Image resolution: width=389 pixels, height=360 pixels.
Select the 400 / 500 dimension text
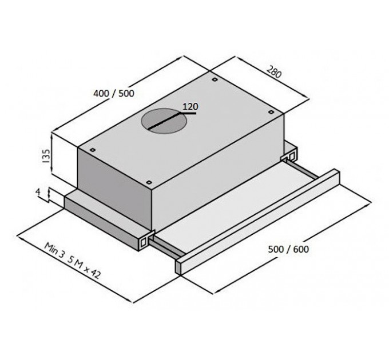coord(114,93)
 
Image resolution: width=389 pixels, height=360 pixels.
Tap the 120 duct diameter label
coord(190,107)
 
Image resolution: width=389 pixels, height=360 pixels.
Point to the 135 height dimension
coord(46,156)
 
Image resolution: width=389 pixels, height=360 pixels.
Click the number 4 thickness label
coord(38,192)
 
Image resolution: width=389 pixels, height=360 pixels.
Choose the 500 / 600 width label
coord(288,249)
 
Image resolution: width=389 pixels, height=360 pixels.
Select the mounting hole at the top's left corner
coord(93,150)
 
